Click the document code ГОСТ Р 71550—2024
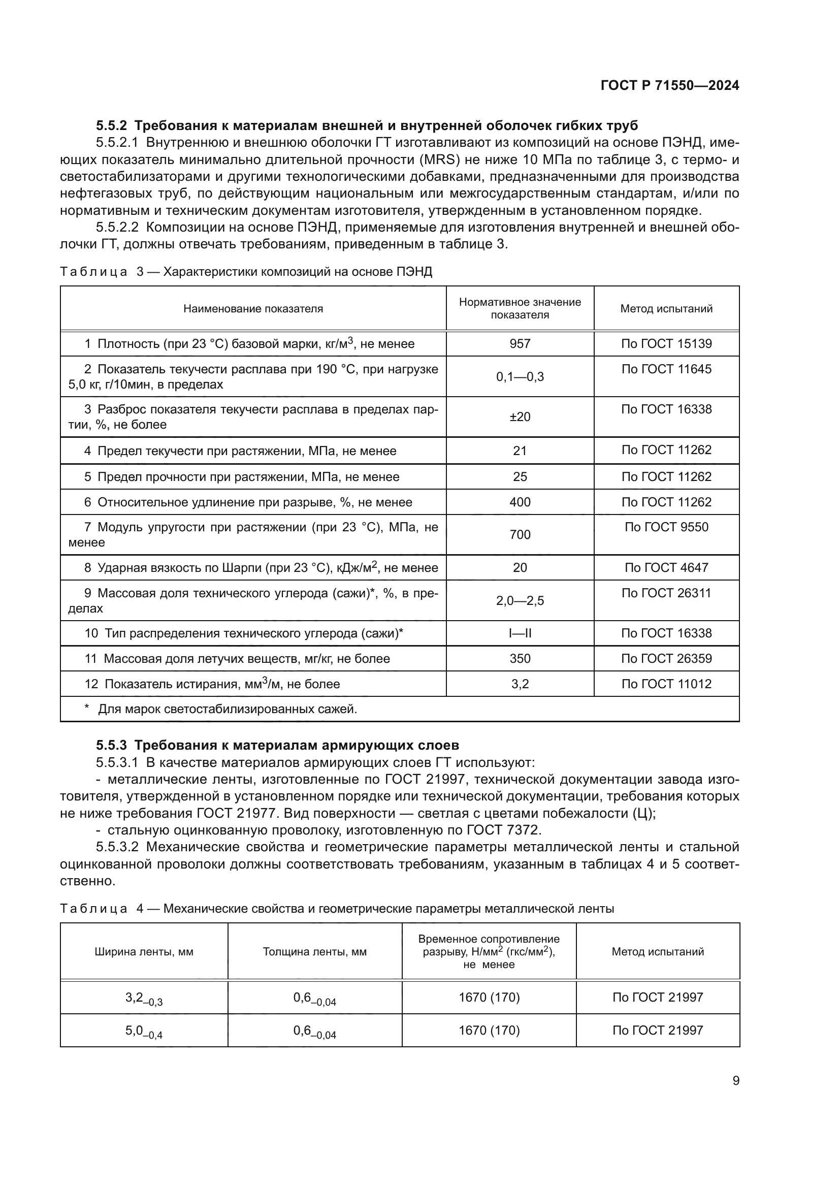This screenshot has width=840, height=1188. coord(670,86)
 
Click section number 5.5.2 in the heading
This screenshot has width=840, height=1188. coord(111,126)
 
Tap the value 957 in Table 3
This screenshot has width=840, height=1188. coord(520,344)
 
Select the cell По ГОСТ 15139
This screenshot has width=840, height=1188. coord(666,344)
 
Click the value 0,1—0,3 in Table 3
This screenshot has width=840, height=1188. coord(520,377)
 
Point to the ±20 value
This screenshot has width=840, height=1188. coord(520,417)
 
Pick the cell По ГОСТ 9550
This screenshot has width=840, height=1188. coord(666,527)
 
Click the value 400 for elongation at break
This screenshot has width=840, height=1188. coord(520,502)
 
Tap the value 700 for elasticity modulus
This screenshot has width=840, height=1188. coord(520,535)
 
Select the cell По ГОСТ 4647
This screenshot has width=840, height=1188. coord(666,568)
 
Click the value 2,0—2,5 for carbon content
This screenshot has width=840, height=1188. coord(520,601)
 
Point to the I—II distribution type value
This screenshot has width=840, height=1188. coord(520,633)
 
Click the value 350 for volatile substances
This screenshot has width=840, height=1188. coord(520,659)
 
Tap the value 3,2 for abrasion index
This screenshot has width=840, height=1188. coord(520,684)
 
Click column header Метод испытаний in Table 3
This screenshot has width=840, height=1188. coord(666,309)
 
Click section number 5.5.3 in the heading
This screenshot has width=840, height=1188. coord(111,746)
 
